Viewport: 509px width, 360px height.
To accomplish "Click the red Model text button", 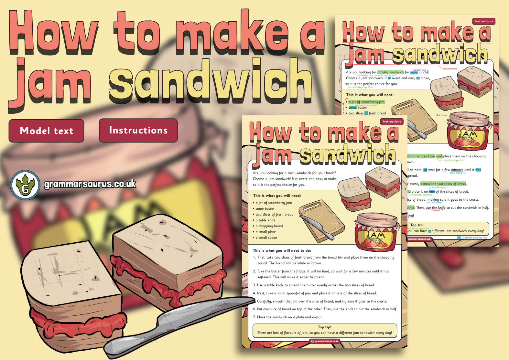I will pos(46,131).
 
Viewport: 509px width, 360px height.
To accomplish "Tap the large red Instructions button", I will pos(138,130).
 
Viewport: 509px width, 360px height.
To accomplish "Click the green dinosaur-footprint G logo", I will pos(25,185).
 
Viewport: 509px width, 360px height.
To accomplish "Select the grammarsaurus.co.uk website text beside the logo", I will pos(90,184).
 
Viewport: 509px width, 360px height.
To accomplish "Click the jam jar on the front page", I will pos(375,232).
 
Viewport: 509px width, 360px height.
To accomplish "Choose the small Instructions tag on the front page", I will pos(391,122).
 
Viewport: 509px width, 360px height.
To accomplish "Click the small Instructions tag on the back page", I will pos(483,21).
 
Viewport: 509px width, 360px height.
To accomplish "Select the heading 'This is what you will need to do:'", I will pos(282,250).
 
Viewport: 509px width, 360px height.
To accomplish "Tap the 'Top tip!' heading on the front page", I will pos(324,327).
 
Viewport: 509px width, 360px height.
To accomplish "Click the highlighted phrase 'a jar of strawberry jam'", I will pos(366,102).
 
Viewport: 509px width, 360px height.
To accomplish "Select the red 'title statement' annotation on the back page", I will pos(449,69).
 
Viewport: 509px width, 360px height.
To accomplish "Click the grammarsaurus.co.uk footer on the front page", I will pos(325,341).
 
